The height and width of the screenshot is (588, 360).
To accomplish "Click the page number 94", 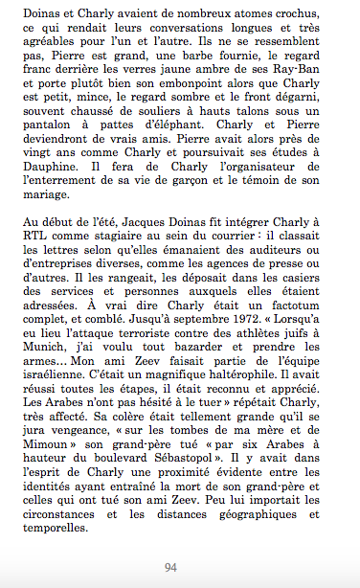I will pos(170,567).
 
